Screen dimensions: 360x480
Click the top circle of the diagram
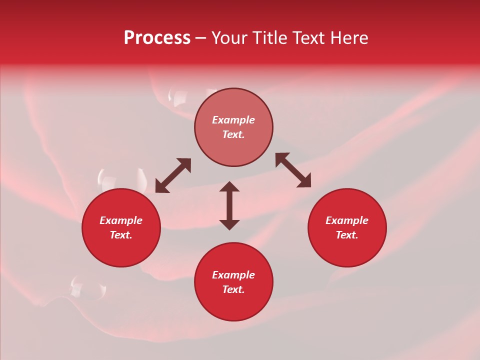pyautogui.click(x=233, y=127)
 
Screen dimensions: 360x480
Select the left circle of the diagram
pyautogui.click(x=121, y=228)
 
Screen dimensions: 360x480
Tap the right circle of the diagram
pyautogui.click(x=347, y=228)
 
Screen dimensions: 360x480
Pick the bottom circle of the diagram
pyautogui.click(x=233, y=282)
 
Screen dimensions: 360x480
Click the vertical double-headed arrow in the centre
pyautogui.click(x=229, y=205)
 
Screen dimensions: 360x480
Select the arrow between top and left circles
pyautogui.click(x=173, y=175)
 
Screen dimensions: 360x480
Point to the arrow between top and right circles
pyautogui.click(x=293, y=170)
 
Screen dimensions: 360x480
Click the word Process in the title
pyautogui.click(x=157, y=37)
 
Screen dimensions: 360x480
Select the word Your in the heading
pyautogui.click(x=230, y=37)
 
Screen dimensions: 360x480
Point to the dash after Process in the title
pyautogui.click(x=201, y=38)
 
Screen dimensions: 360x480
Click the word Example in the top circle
pyautogui.click(x=233, y=120)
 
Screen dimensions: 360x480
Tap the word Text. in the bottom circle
pyautogui.click(x=233, y=289)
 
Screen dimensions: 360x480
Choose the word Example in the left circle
pyautogui.click(x=121, y=220)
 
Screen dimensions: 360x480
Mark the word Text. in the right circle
pyautogui.click(x=347, y=235)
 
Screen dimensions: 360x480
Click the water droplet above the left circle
pyautogui.click(x=107, y=178)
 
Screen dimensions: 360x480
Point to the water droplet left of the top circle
pyautogui.click(x=179, y=97)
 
